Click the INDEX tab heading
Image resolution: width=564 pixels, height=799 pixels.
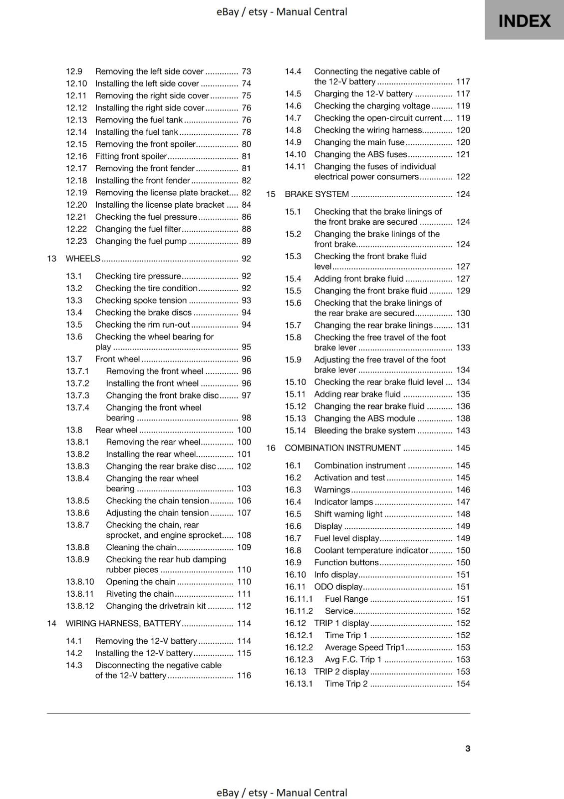524,21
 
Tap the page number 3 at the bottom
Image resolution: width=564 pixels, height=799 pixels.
467,748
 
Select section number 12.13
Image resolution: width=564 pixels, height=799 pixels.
76,120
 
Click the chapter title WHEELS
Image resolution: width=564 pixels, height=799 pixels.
83,259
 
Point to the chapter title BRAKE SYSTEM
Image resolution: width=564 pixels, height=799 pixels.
316,194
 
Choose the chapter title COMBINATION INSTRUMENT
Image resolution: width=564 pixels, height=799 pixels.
342,448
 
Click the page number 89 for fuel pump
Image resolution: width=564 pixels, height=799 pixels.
246,241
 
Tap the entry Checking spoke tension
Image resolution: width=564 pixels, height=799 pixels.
141,300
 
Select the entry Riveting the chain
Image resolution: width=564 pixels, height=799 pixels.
139,594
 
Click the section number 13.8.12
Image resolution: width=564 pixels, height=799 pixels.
79,606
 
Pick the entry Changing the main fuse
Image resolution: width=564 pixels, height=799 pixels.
359,142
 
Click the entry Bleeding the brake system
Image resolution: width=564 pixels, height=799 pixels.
364,430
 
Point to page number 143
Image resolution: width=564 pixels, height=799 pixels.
463,430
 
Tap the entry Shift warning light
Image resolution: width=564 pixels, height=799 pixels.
348,514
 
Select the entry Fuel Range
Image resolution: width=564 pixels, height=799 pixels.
346,599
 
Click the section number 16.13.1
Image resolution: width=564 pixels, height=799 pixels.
298,684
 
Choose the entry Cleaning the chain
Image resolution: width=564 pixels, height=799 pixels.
141,547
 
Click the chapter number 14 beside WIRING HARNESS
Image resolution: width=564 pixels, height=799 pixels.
51,623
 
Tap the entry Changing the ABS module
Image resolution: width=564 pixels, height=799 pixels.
364,418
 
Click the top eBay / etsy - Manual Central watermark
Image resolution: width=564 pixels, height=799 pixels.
282,11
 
